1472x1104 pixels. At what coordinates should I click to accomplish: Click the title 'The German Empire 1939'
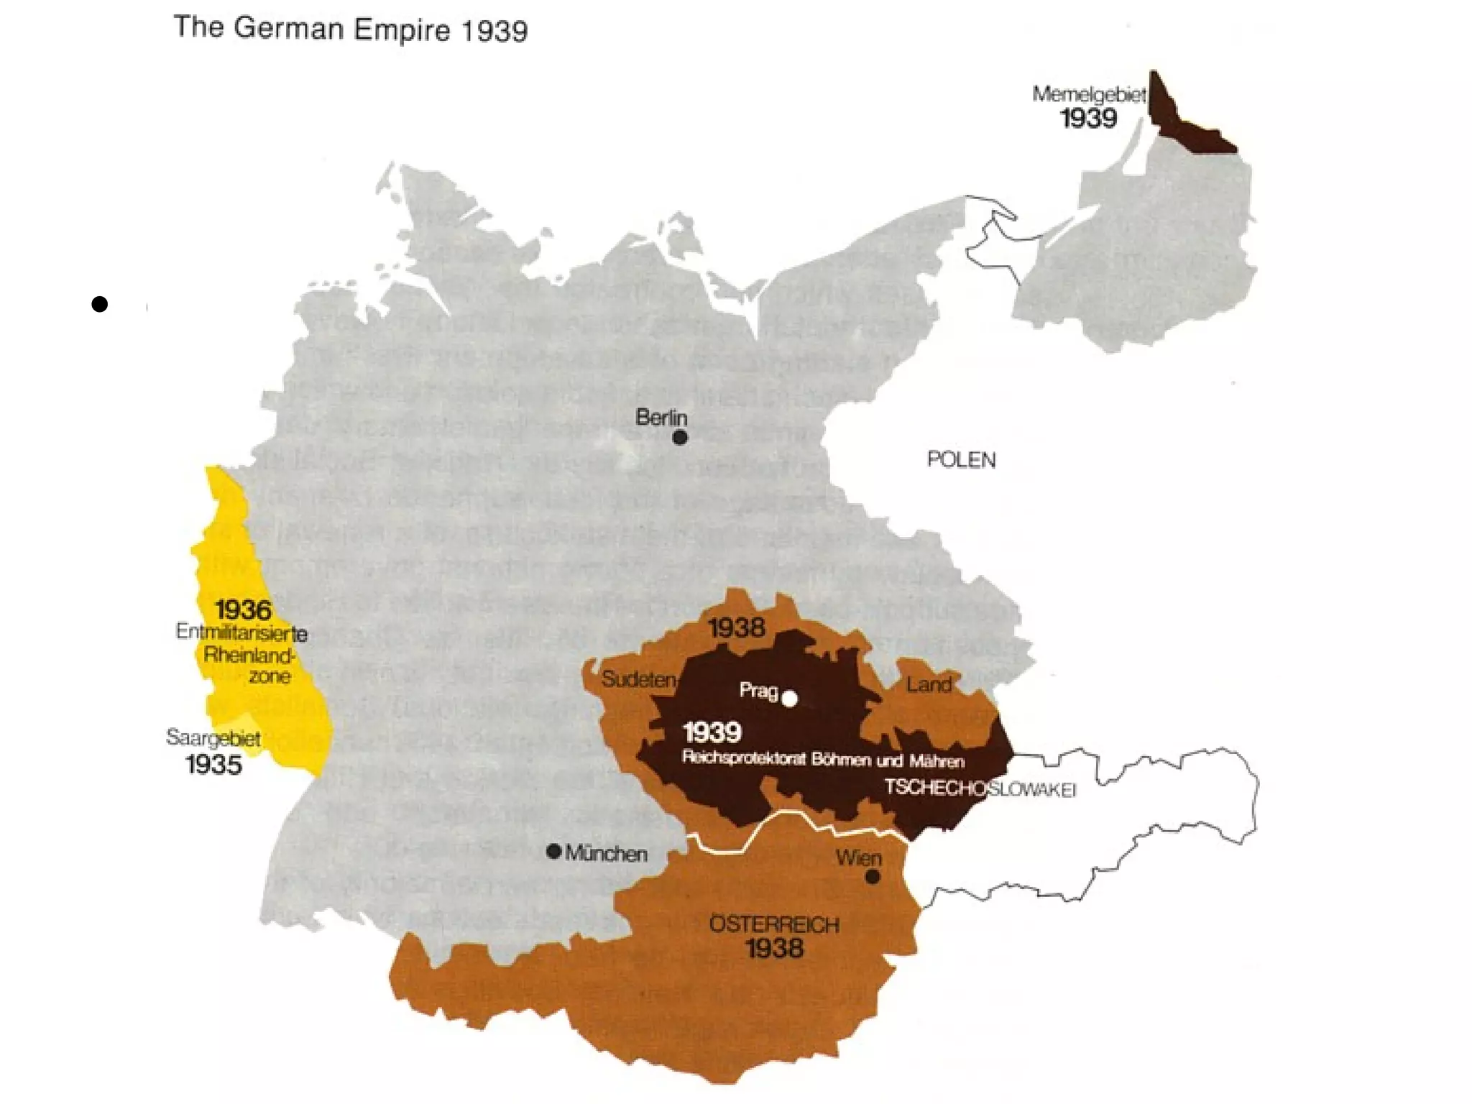(351, 29)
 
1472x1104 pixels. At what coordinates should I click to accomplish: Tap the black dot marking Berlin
(680, 437)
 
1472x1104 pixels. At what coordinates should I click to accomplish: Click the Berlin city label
(661, 418)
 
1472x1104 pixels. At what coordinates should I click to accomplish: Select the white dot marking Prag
(789, 699)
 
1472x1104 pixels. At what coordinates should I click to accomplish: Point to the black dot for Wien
(873, 877)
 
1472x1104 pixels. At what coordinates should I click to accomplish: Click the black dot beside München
(553, 852)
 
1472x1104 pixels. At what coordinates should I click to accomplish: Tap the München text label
(606, 854)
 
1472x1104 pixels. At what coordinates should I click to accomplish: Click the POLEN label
(961, 460)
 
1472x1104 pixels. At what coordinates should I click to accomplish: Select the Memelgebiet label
(1088, 95)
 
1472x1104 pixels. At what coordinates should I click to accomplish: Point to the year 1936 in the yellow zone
(243, 610)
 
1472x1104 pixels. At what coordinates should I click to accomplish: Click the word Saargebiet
(213, 738)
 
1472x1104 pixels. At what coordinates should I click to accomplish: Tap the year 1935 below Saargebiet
(213, 765)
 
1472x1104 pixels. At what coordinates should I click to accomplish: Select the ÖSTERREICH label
(774, 924)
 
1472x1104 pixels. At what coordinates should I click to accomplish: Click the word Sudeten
(638, 679)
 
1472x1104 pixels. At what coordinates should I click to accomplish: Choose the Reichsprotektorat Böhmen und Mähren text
(823, 760)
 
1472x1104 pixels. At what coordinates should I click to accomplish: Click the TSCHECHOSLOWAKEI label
(979, 788)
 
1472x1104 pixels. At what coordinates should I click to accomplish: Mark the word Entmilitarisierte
(241, 632)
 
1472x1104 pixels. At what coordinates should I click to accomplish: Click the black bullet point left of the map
(100, 304)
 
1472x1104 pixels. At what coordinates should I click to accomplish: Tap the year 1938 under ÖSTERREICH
(774, 949)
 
